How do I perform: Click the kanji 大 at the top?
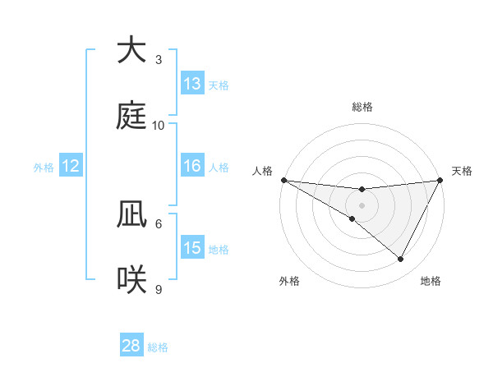coord(131,50)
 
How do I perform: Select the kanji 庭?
coord(131,116)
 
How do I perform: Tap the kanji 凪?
coord(131,214)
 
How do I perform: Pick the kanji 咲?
coord(131,280)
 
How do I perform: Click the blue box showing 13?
coord(192,84)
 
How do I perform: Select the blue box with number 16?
coord(192,166)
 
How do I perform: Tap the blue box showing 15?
coord(192,248)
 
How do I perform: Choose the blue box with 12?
coord(71,166)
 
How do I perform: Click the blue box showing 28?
coord(131,346)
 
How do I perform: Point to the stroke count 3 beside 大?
coord(159,59)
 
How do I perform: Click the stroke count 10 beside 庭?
coord(159,125)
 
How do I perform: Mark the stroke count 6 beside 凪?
coord(159,223)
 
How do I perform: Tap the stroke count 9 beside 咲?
coord(159,289)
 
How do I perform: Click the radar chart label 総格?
coord(362,107)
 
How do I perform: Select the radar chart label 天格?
coord(463,171)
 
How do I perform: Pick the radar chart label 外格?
coord(289,282)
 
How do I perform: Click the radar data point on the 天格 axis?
coord(440,180)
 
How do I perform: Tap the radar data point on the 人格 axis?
coord(283,180)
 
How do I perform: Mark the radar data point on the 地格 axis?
coord(401,260)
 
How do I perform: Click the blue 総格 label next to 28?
coord(158,347)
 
